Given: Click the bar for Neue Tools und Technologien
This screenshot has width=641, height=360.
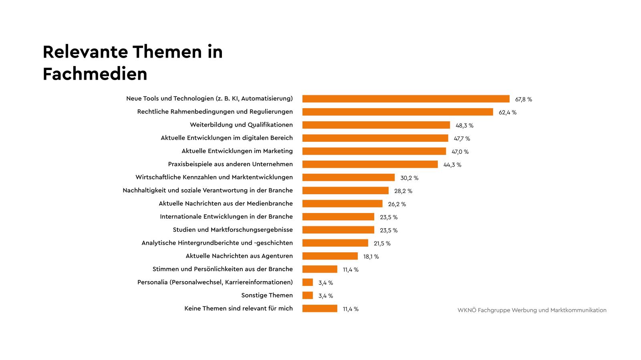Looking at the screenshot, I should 405,99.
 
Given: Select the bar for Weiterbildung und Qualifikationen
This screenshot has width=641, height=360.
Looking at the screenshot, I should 376,125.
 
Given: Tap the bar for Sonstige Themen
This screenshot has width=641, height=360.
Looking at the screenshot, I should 307,296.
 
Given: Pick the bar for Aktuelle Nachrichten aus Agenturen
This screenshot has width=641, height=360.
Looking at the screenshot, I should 330,256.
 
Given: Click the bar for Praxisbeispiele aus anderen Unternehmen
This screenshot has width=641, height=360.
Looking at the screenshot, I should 370,164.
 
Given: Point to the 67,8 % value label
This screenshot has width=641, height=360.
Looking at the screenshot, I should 523,99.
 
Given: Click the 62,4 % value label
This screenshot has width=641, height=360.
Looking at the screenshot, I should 507,113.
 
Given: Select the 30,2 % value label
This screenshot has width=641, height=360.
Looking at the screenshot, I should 409,178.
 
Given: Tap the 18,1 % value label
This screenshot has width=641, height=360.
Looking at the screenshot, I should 371,257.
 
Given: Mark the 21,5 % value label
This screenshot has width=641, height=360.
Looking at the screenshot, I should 382,243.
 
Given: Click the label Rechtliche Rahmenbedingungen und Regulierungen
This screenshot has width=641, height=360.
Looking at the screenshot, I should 215,112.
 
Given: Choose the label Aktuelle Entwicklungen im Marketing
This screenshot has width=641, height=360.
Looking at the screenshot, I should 237,151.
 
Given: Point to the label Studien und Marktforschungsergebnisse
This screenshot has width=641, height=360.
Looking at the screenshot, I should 232,230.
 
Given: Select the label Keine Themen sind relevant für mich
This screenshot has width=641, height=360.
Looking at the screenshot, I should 238,308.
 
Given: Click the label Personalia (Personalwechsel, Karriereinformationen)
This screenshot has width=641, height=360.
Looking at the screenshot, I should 215,282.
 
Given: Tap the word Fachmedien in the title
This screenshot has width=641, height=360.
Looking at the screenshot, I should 95,74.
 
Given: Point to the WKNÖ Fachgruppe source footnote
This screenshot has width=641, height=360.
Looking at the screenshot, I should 532,310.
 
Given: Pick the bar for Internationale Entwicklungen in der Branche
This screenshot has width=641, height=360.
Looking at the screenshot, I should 338,217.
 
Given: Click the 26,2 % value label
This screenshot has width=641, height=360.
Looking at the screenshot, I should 397,204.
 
